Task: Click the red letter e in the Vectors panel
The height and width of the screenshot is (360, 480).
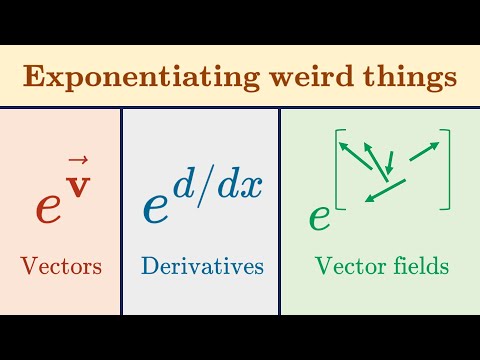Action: click(50, 205)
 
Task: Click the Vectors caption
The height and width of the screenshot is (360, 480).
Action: click(61, 266)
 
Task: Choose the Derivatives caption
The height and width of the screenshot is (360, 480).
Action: click(202, 266)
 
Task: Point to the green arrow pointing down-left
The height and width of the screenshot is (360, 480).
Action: click(382, 190)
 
